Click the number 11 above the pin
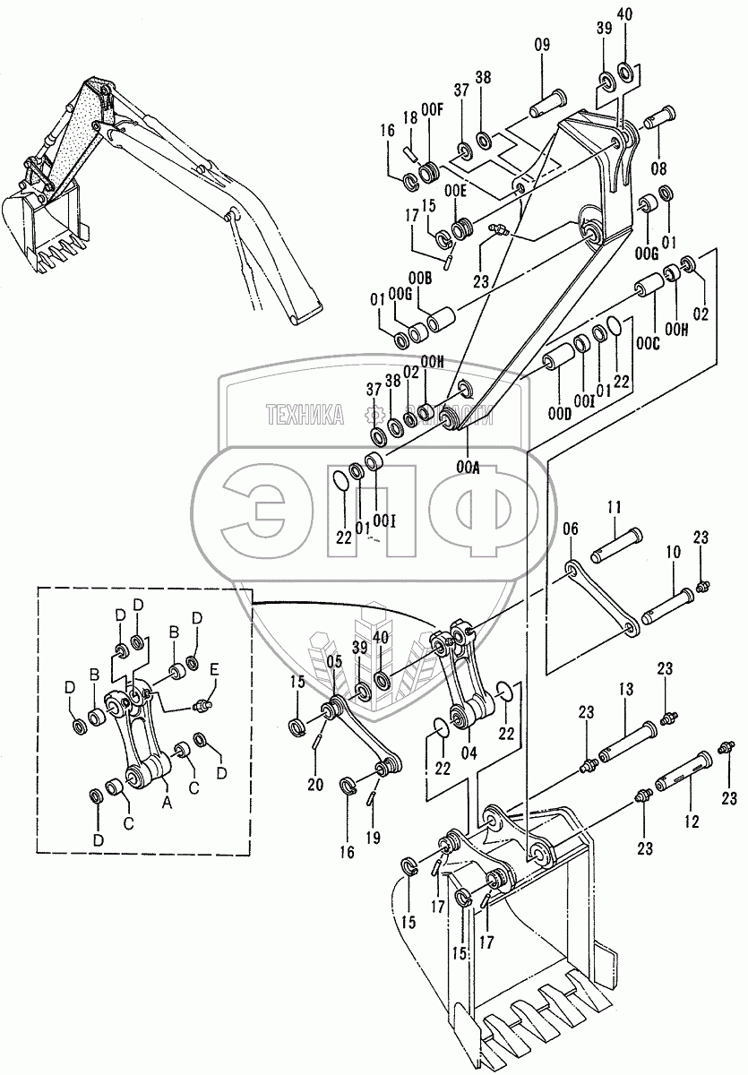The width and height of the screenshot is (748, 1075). tap(614, 507)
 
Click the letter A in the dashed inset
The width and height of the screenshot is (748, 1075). tap(165, 803)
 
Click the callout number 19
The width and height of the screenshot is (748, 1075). tap(374, 838)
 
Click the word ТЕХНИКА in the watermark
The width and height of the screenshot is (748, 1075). tap(305, 413)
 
